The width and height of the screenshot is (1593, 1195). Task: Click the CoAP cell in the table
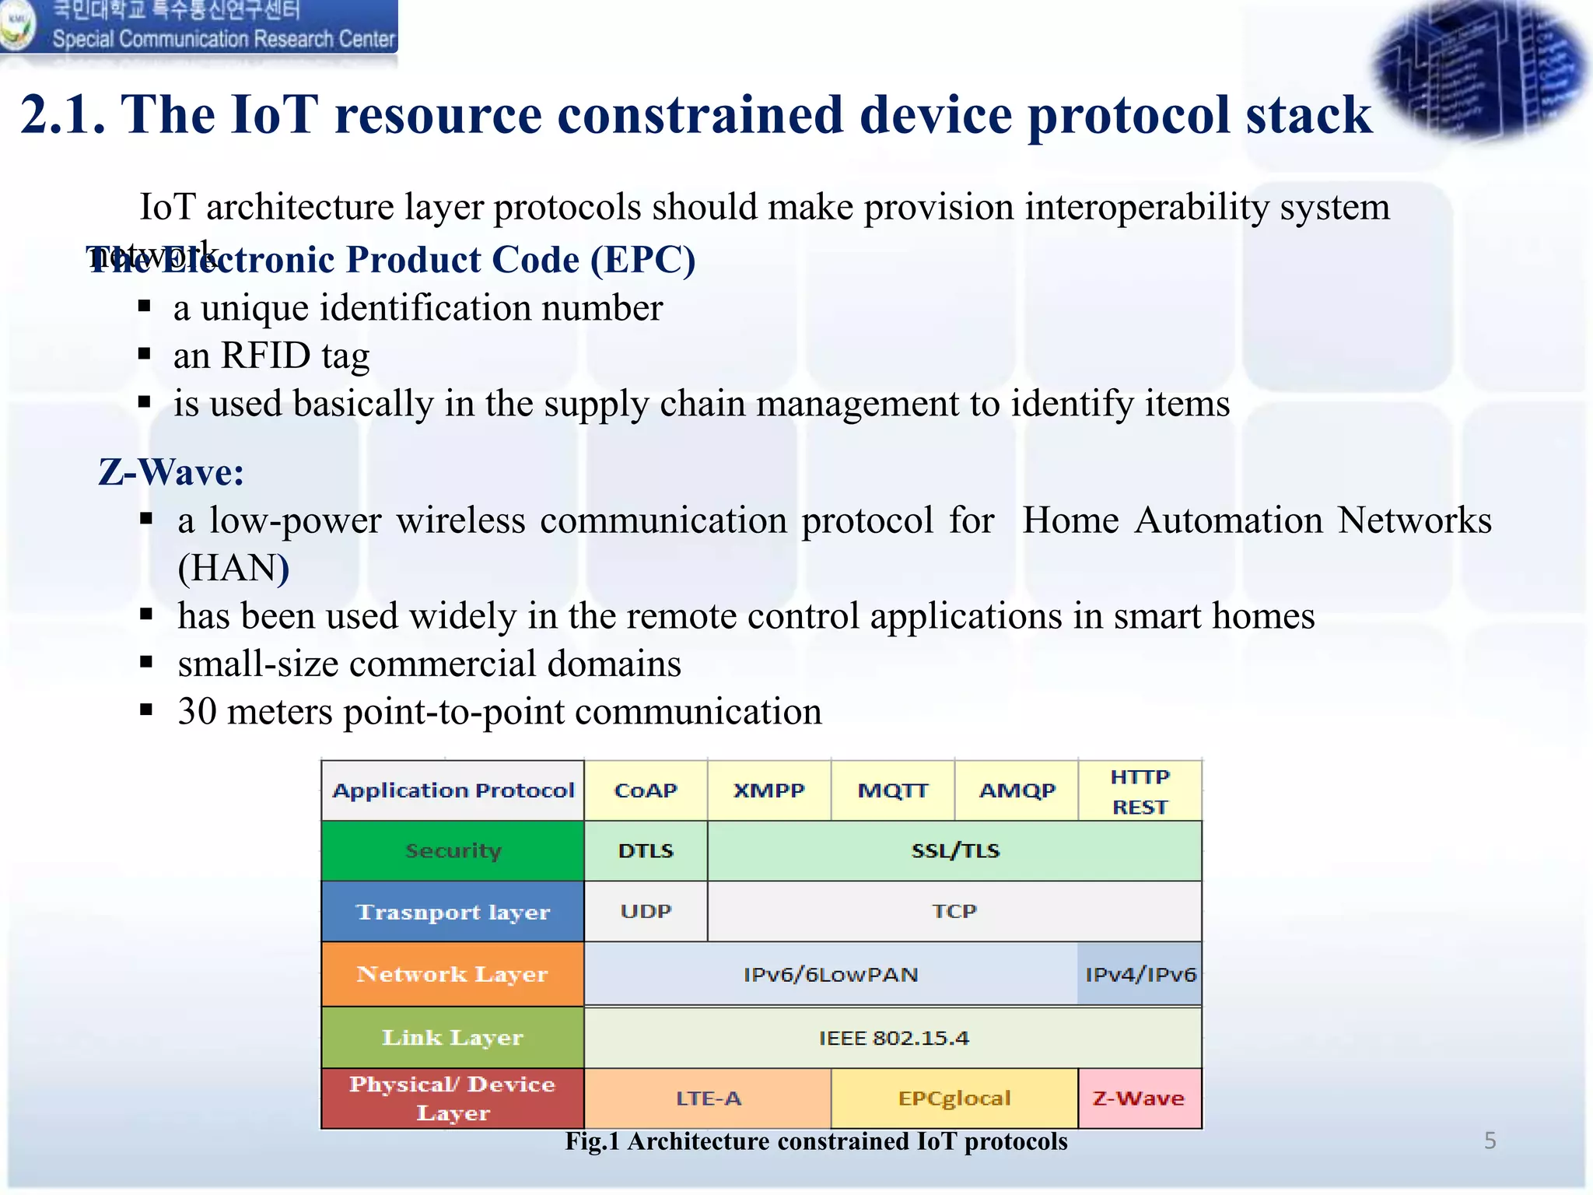pos(646,790)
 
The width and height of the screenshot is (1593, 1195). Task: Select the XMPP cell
pos(768,790)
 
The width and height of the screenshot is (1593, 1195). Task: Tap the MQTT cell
pos(892,790)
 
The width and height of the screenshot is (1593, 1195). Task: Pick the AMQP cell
pos(1017,790)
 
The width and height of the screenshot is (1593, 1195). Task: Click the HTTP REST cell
pos(1140,791)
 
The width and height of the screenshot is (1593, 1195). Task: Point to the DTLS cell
pos(646,850)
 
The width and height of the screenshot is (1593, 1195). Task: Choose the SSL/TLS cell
pos(954,850)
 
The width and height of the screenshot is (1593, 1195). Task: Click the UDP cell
pos(646,911)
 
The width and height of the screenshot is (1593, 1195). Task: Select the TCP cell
pos(954,911)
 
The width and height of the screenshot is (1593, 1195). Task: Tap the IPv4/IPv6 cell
pos(1140,974)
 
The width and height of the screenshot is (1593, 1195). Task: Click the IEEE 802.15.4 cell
pos(893,1038)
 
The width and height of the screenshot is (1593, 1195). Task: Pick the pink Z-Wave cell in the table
pos(1139,1099)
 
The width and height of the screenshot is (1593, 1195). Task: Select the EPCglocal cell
pos(954,1099)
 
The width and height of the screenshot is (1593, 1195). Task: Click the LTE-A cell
pos(708,1099)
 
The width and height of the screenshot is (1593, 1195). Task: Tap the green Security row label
pos(453,850)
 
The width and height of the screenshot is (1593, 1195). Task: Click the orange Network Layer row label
pos(453,974)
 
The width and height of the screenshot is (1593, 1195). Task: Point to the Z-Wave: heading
pos(171,472)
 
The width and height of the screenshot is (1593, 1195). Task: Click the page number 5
pos(1490,1141)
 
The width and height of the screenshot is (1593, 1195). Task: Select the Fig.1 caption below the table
pos(816,1141)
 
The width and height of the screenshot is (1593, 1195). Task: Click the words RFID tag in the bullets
pos(295,356)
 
